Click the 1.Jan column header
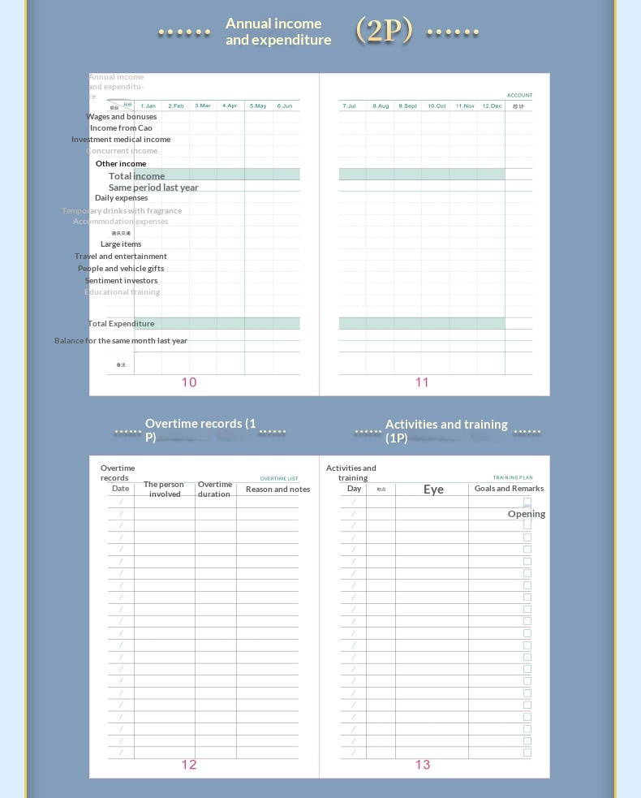148,106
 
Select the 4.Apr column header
230,106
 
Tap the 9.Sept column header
407,106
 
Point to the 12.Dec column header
492,106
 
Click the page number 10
189,382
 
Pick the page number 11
422,382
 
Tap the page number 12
189,765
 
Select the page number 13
423,765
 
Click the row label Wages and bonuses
122,117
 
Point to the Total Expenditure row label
121,324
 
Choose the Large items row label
121,244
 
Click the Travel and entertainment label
121,257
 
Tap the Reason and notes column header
277,490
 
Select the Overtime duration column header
215,490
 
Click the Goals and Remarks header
509,489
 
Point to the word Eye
433,490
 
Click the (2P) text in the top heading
385,31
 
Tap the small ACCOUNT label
520,96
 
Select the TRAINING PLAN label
513,478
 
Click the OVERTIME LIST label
279,479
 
